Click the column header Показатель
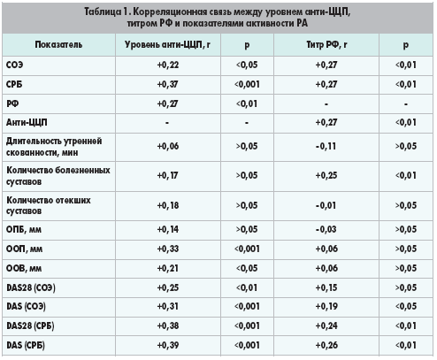point(58,45)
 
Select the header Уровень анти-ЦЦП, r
point(167,45)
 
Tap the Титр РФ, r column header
point(326,45)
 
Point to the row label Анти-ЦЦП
point(27,122)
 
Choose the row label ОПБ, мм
point(24,229)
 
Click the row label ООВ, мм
point(24,268)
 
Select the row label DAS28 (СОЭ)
point(31,287)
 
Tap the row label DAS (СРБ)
point(26,345)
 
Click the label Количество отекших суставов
point(49,205)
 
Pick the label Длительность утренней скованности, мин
point(54,147)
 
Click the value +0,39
point(168,345)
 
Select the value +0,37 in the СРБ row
point(167,84)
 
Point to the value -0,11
point(326,146)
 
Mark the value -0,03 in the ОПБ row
point(326,229)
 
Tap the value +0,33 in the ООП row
point(168,249)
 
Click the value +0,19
point(326,307)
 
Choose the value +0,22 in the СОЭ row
point(168,65)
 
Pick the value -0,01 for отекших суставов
point(326,205)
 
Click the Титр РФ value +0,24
point(326,326)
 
